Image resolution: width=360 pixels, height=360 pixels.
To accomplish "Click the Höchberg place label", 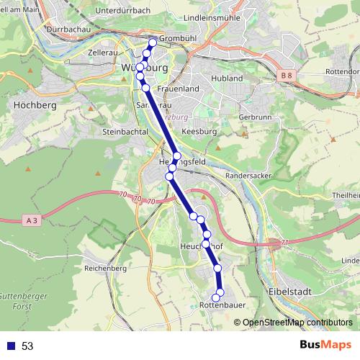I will [30, 104].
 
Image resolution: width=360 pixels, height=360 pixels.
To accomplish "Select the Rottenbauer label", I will [222, 305].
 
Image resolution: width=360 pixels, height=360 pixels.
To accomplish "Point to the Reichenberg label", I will [105, 268].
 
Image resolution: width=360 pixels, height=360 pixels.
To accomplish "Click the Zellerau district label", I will [102, 53].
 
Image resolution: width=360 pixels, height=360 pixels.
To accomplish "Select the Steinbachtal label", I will [124, 132].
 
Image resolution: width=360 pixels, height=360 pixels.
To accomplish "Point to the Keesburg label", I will [199, 132].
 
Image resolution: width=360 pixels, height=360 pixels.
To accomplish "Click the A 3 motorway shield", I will [29, 220].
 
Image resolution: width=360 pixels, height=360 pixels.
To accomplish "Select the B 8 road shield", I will [287, 75].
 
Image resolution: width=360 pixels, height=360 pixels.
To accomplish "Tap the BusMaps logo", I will [325, 346].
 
